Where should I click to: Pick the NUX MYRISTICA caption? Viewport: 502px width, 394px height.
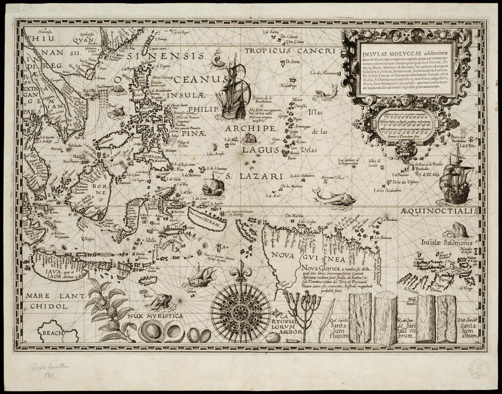pos(152,316)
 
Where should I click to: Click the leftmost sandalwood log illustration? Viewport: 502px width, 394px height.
pos(360,319)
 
